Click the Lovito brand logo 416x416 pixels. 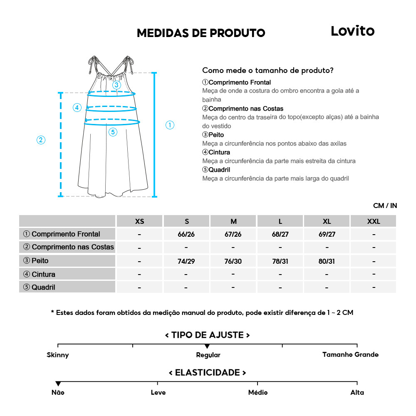click(352, 31)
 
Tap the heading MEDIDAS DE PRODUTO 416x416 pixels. click(201, 33)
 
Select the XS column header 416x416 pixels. click(140, 221)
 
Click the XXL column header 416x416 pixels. click(374, 221)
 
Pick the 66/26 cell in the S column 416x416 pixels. click(186, 234)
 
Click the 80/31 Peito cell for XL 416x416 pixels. click(327, 261)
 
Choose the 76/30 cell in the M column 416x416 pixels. click(233, 261)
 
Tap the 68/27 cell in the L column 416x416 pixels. click(280, 234)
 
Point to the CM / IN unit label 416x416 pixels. click(385, 206)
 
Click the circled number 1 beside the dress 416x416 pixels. click(170, 125)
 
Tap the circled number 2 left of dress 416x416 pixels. click(41, 140)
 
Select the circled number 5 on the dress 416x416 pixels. click(113, 132)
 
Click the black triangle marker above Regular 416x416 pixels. click(207, 347)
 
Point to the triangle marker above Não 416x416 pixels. click(58, 384)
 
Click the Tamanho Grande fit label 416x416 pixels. click(350, 354)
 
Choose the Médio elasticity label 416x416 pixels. click(258, 392)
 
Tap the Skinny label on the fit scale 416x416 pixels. click(58, 355)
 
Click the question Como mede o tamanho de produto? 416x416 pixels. click(267, 70)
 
